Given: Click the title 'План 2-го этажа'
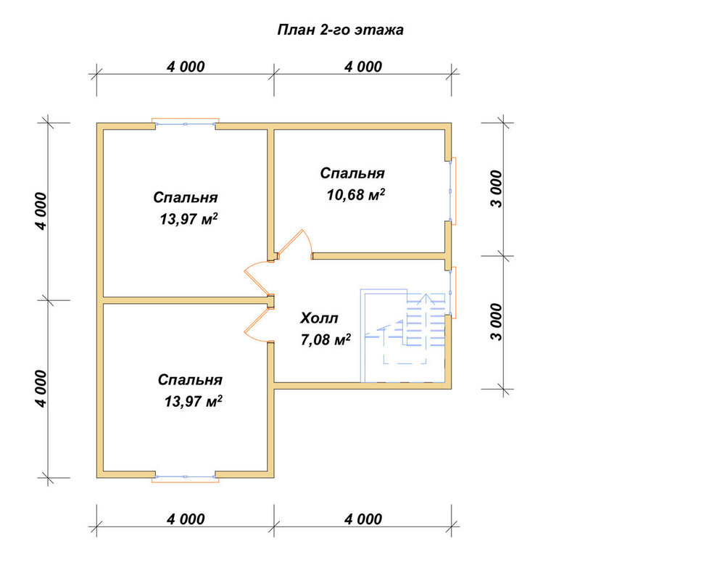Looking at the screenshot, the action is click(x=340, y=30).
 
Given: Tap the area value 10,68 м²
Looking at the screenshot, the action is click(x=355, y=194).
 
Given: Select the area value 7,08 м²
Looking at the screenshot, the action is click(x=325, y=340).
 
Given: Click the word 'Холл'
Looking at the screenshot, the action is click(x=319, y=318).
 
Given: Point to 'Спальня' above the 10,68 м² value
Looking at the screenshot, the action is click(x=352, y=173).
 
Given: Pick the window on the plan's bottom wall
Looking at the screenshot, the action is click(x=185, y=478).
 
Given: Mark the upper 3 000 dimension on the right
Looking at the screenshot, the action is click(x=496, y=189).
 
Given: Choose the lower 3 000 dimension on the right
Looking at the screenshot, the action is click(x=496, y=322).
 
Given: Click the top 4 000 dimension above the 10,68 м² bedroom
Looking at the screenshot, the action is click(x=363, y=67).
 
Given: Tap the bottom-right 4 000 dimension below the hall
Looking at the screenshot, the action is click(x=363, y=519).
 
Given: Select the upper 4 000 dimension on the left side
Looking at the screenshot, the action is click(x=41, y=211).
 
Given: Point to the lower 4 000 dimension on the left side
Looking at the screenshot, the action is click(x=41, y=389).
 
